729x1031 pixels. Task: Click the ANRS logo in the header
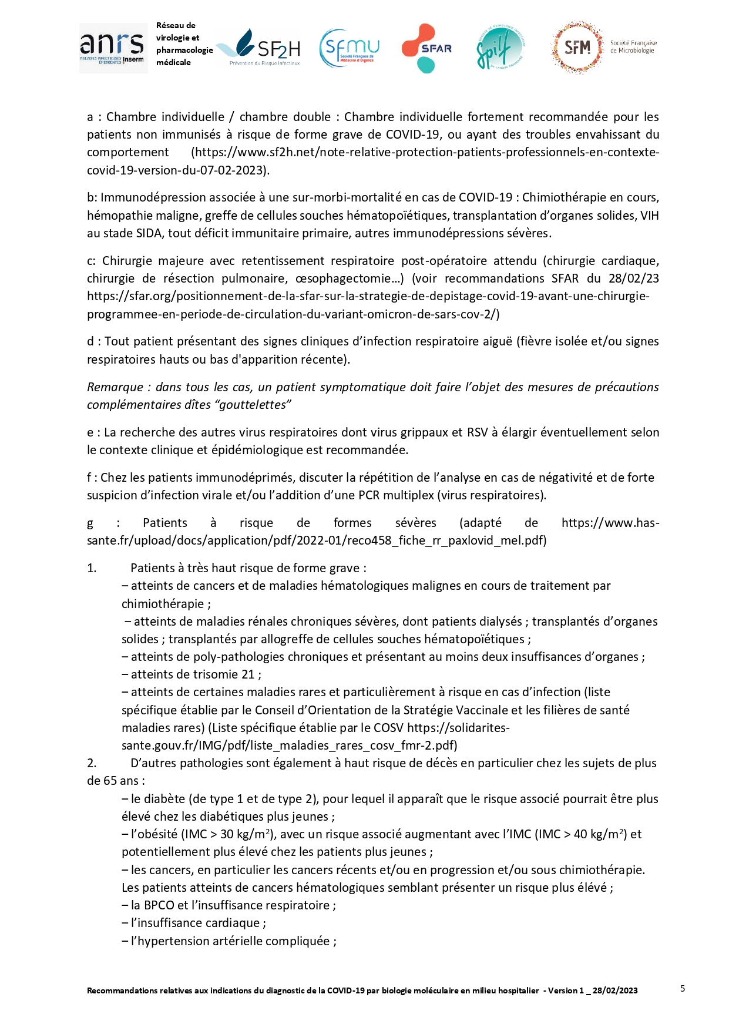tap(113, 48)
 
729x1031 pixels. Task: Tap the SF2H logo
tap(263, 48)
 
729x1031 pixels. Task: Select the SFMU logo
tap(349, 48)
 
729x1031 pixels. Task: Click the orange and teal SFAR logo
tap(427, 48)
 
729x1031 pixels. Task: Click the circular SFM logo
tap(577, 48)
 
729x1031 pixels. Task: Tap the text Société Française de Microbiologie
tap(633, 47)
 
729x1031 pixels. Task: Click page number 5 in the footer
tap(683, 989)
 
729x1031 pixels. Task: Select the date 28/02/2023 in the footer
tap(615, 990)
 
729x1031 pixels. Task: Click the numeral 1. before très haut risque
tap(92, 568)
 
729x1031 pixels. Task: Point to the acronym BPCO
tap(158, 905)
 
